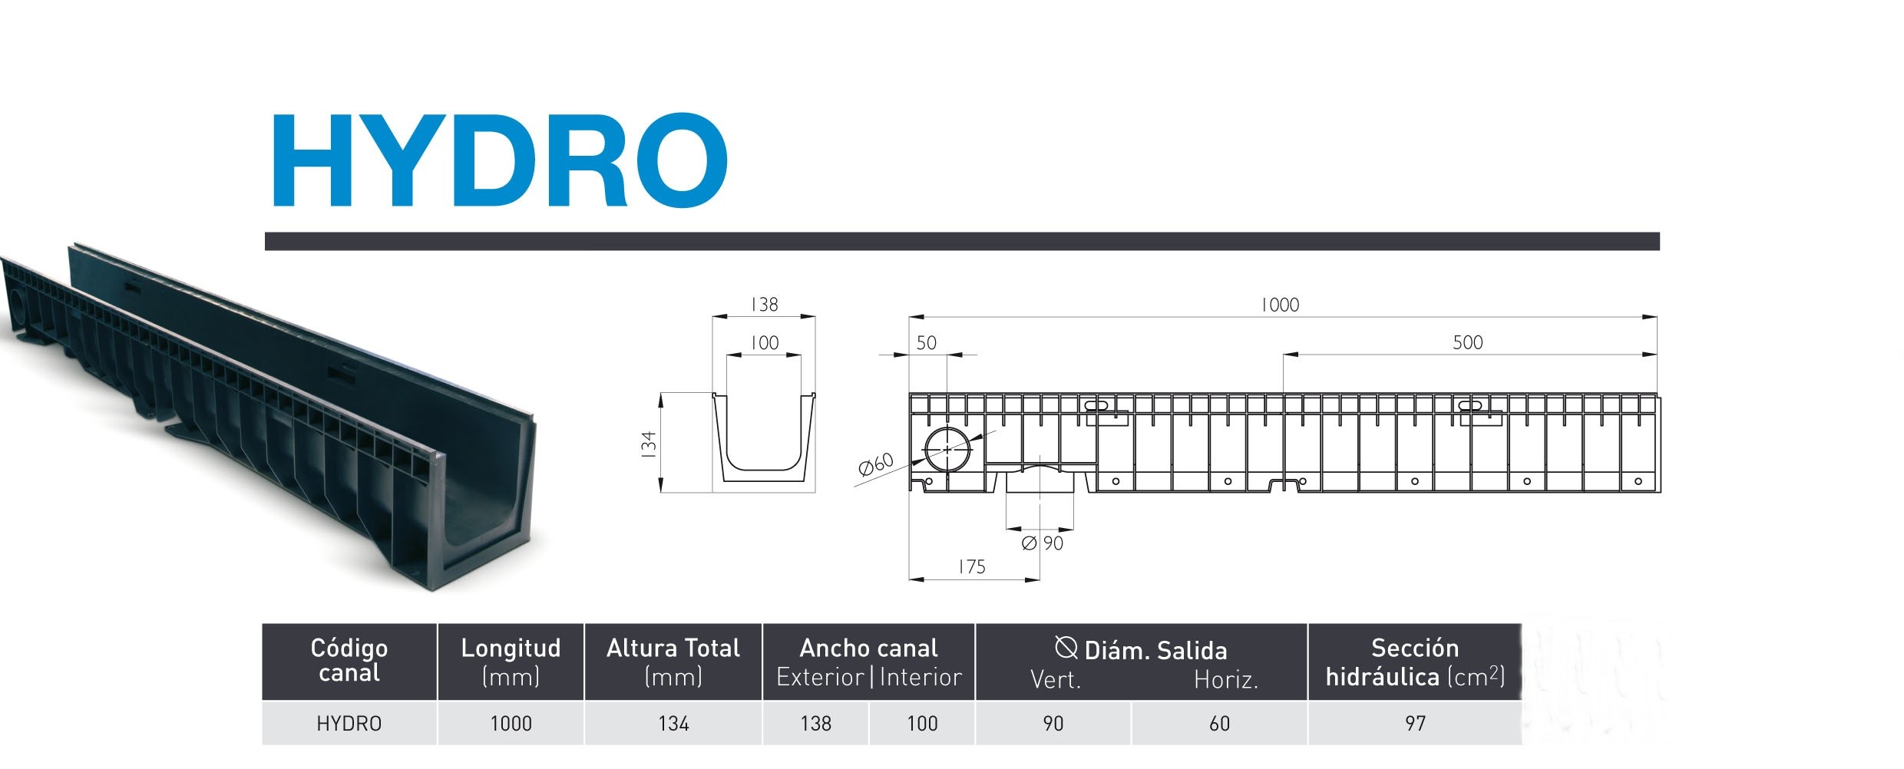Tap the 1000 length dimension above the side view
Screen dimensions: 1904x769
pos(1280,305)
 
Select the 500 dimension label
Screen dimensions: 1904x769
pos(1467,342)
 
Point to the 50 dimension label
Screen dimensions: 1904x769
pos(927,343)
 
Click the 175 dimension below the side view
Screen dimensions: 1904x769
pos(971,566)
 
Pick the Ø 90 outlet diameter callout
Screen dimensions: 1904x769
pos(1043,543)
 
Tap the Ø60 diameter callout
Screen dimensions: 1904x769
pos(875,464)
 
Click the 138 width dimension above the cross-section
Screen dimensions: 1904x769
pos(764,305)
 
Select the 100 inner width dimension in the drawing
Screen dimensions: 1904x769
pos(764,343)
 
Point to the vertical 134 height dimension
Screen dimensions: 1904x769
pos(649,445)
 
